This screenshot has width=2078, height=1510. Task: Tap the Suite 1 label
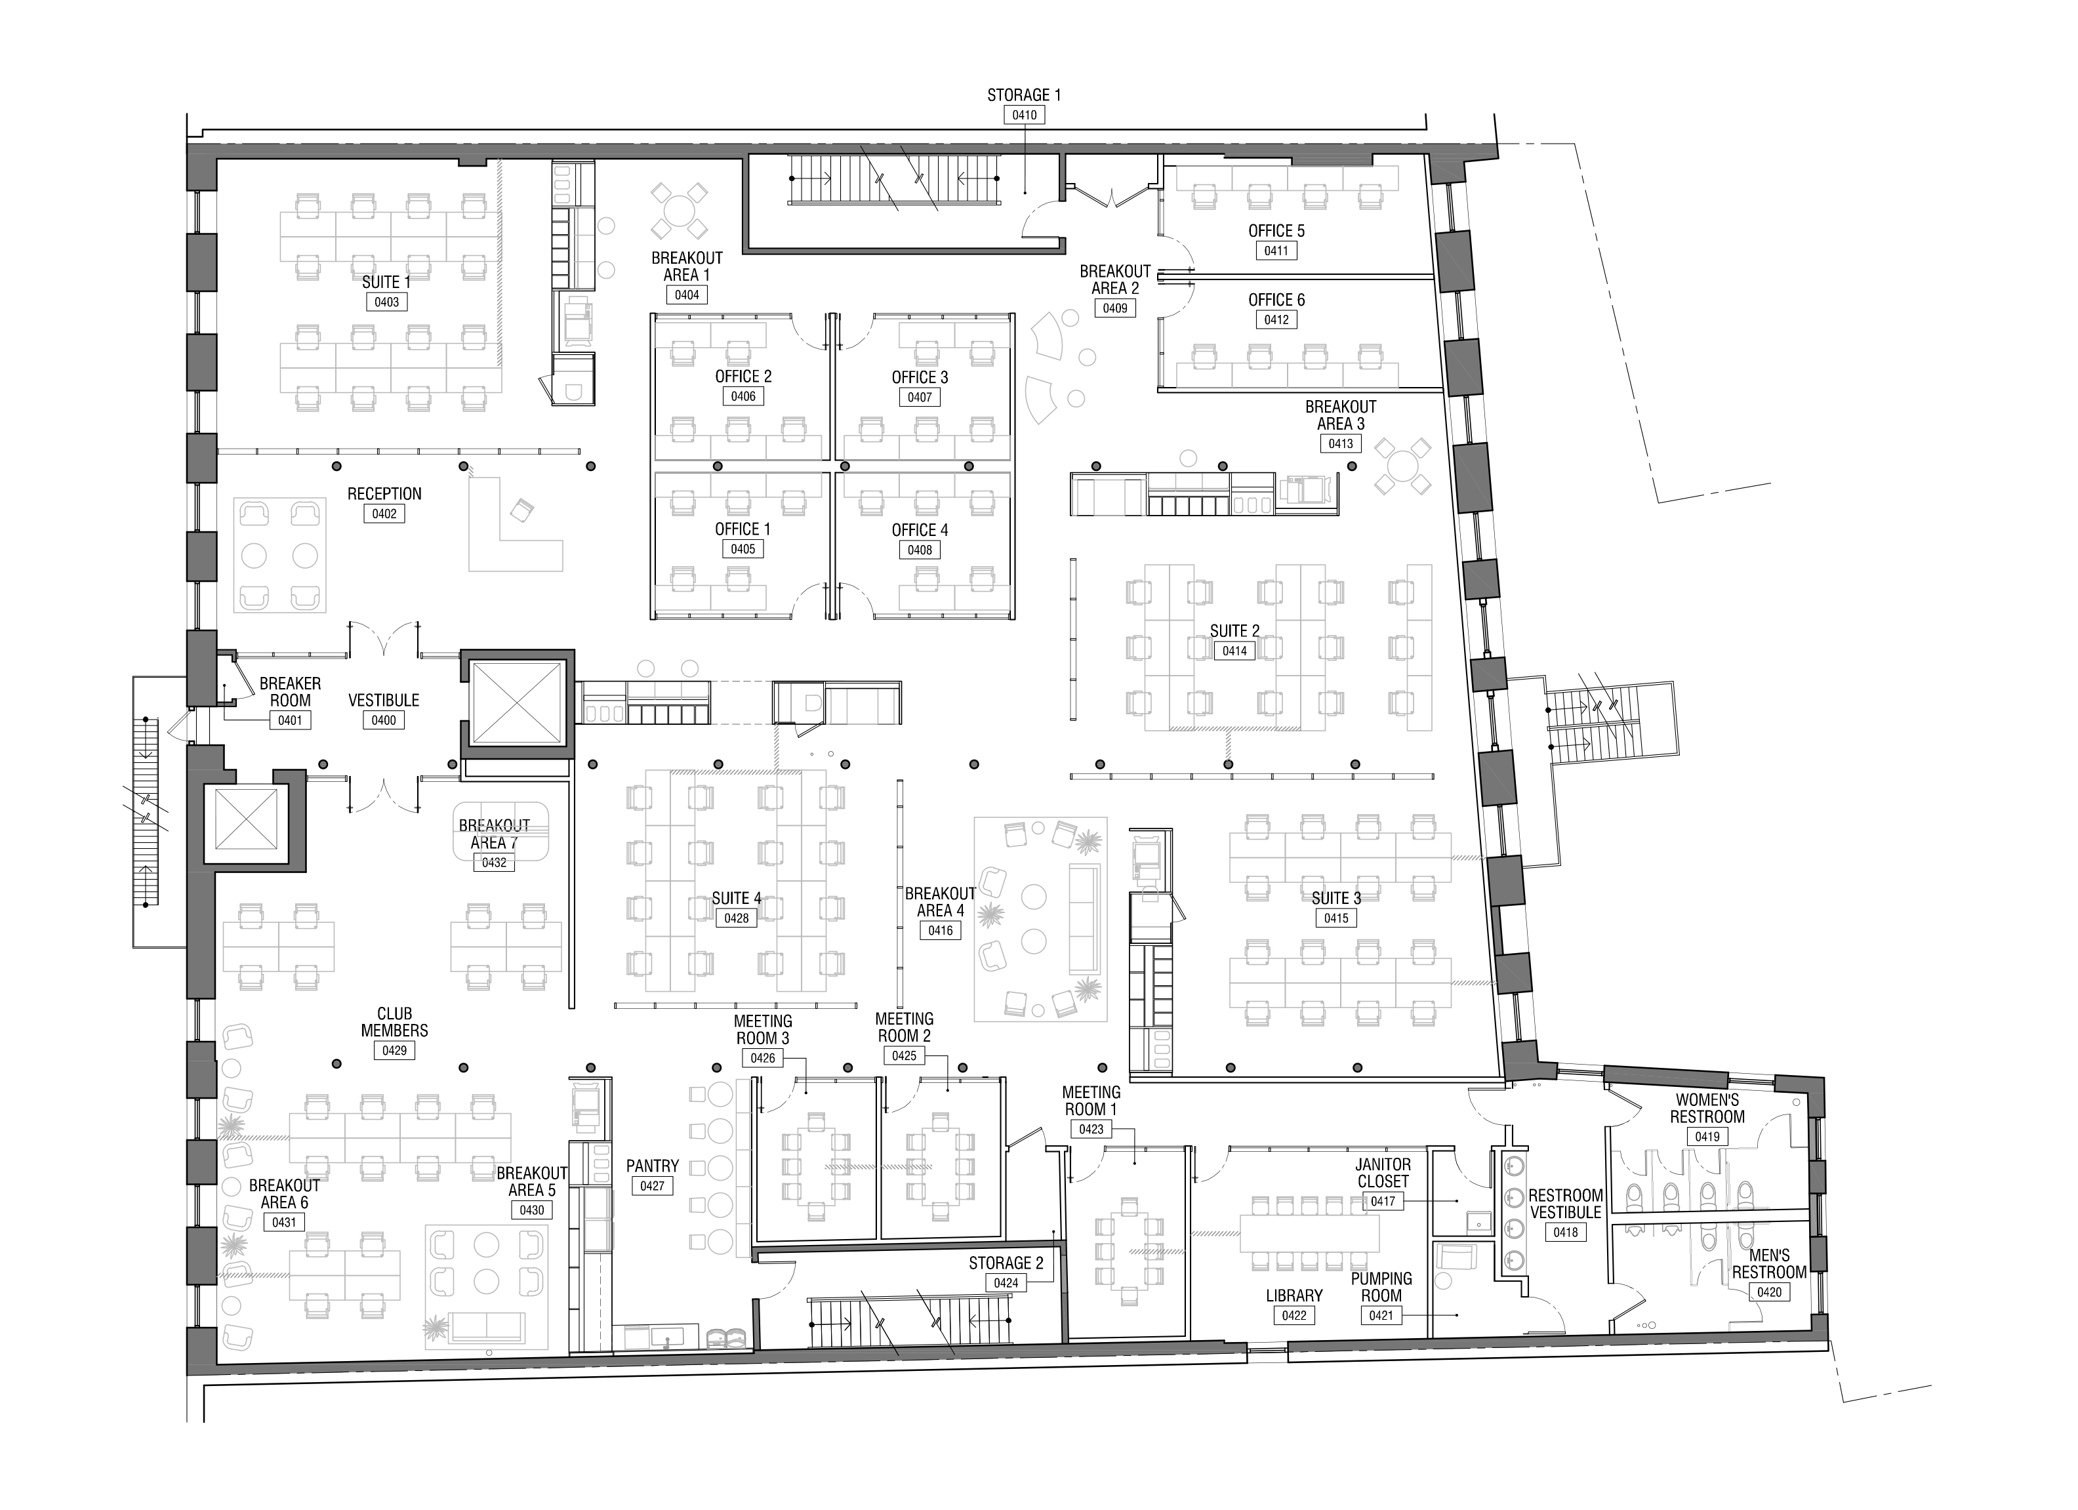coord(386,282)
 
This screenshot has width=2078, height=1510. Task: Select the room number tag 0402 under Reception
coord(384,514)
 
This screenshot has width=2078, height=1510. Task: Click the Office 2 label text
coord(743,377)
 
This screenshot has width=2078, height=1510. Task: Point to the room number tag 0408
coord(920,550)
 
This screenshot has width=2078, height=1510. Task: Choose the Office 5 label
coord(1276,231)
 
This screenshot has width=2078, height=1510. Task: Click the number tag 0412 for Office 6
coord(1276,319)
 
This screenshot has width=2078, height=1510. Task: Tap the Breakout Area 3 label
coord(1341,415)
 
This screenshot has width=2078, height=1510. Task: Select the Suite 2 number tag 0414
coord(1234,651)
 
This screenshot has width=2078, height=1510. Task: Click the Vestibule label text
coord(384,700)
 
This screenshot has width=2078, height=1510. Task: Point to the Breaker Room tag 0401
coord(289,720)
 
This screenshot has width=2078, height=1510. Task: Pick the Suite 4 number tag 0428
coord(737,918)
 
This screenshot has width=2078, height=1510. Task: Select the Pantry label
coord(653,1166)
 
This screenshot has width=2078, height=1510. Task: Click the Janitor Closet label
coord(1383,1173)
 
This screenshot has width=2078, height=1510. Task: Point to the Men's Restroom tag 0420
coord(1769,1292)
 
